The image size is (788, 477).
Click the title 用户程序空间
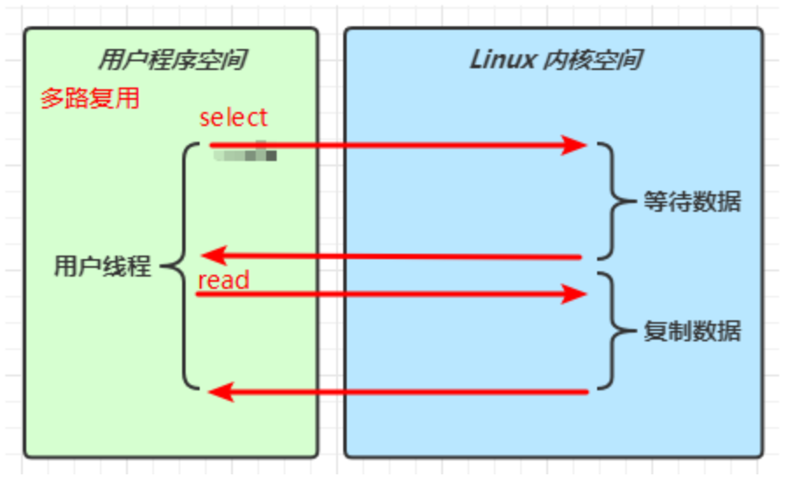tap(172, 60)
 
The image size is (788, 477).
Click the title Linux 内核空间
tap(556, 60)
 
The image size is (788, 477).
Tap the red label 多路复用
tap(89, 98)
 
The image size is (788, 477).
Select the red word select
tap(233, 117)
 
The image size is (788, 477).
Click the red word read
tap(223, 280)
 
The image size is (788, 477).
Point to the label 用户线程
tap(102, 267)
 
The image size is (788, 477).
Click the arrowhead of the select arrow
tap(574, 144)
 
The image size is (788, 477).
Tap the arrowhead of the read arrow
tap(574, 295)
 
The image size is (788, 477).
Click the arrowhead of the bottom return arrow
tap(221, 392)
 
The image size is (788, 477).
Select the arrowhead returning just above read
tap(213, 256)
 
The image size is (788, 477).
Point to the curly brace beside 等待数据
tap(613, 202)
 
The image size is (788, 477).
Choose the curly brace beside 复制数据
tap(613, 332)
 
